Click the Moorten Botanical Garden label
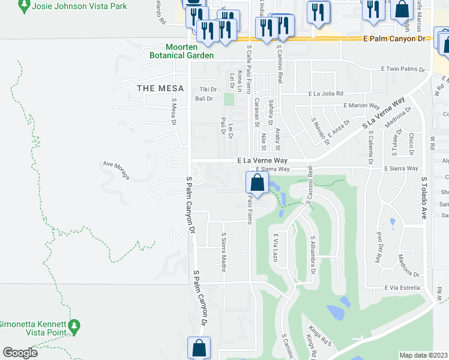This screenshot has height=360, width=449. click(190, 51)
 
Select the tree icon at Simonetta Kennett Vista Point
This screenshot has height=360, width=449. click(74, 326)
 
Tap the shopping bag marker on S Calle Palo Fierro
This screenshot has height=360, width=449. click(257, 184)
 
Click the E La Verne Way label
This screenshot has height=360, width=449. click(262, 161)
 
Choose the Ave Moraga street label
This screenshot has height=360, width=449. click(116, 170)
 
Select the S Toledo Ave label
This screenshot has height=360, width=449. click(423, 197)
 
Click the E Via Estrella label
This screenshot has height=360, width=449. click(402, 288)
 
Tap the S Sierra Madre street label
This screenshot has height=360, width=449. click(223, 252)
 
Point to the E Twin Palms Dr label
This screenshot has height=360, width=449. click(403, 70)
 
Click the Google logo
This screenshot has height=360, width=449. click(20, 353)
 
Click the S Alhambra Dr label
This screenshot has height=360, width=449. click(313, 254)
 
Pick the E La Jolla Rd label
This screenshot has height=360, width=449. click(326, 94)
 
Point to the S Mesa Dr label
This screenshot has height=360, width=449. click(174, 112)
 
